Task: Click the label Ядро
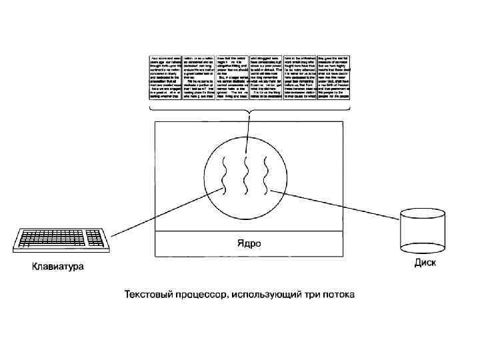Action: pos(249,242)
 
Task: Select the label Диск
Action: pos(425,262)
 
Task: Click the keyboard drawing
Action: pos(62,239)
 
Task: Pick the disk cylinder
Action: pos(422,231)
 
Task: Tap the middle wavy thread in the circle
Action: pos(247,177)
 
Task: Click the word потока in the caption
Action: pos(338,293)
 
